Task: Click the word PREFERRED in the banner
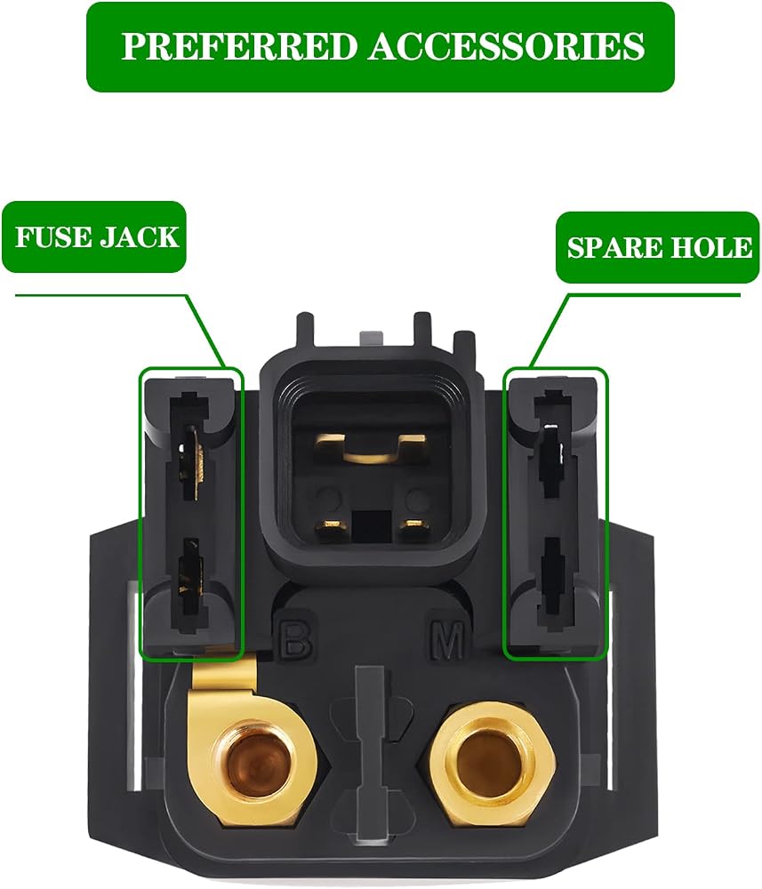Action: pyautogui.click(x=242, y=46)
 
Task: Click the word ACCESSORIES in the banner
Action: pyautogui.click(x=507, y=46)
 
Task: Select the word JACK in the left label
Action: pyautogui.click(x=139, y=236)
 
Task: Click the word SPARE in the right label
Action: pyautogui.click(x=614, y=248)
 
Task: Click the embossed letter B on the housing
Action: pyautogui.click(x=296, y=639)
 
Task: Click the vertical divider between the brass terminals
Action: pyautogui.click(x=368, y=760)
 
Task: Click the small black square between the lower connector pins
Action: pyautogui.click(x=373, y=525)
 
